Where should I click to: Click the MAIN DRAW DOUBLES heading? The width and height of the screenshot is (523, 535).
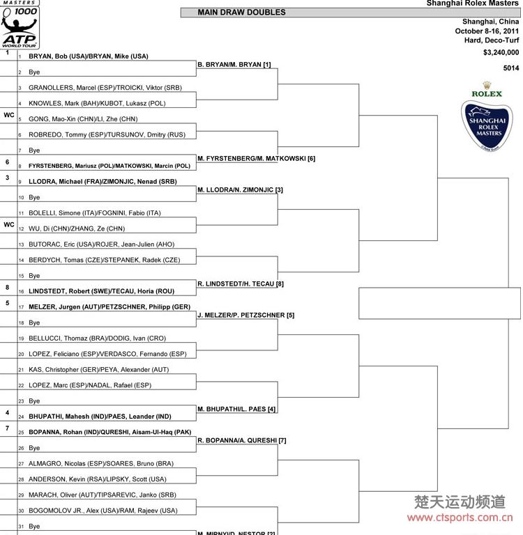[241, 13]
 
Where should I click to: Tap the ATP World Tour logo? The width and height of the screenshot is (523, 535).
[20, 28]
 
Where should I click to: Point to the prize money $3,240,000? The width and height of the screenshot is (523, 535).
[501, 52]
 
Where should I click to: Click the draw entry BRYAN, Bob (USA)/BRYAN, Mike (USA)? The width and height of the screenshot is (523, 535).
[89, 56]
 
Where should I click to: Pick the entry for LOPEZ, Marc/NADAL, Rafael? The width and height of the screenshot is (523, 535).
[90, 385]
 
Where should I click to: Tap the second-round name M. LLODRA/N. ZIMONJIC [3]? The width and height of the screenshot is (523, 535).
[240, 189]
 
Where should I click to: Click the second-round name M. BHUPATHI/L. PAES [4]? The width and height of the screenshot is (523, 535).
[236, 409]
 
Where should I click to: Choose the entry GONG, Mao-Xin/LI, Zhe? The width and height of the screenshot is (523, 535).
[83, 119]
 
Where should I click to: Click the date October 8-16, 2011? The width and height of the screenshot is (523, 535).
[487, 31]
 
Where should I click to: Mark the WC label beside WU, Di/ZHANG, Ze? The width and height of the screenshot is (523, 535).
[9, 224]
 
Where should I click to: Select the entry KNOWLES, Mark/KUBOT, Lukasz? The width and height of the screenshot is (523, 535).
[97, 103]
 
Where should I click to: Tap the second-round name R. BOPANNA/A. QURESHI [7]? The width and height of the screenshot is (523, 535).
[242, 440]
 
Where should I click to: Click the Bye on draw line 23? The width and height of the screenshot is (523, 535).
[34, 401]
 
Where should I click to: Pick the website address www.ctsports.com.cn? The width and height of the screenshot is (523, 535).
[460, 517]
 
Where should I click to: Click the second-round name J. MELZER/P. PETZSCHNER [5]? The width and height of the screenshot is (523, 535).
[245, 315]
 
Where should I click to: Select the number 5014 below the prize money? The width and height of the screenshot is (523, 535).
[511, 68]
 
